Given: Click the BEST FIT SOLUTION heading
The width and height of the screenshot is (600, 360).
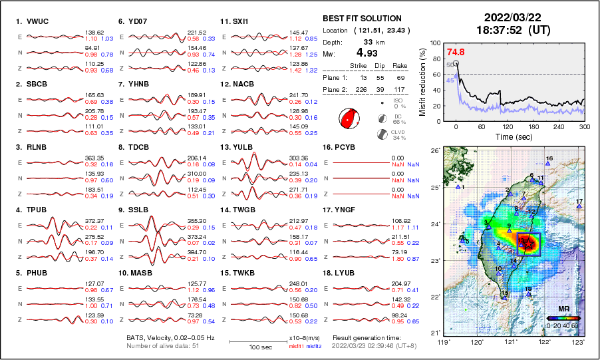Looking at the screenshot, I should coord(361,19).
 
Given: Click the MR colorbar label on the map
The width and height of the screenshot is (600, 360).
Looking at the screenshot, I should coord(563,309).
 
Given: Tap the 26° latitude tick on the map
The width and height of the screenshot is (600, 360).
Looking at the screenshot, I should coord(434,151).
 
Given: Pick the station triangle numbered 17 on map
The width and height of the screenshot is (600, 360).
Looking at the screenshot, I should coord(579,207).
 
